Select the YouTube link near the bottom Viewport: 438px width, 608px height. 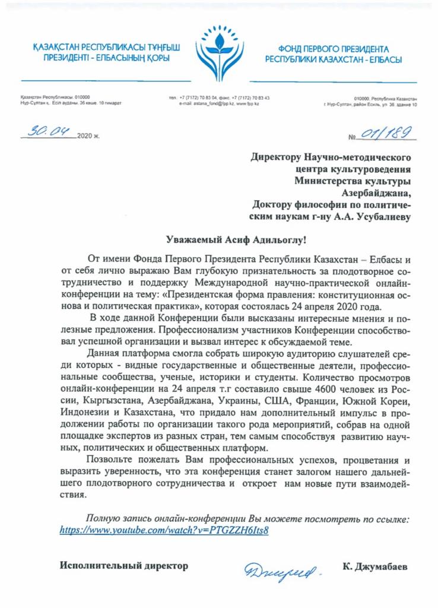(x=164, y=530)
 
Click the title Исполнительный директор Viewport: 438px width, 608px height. (x=124, y=566)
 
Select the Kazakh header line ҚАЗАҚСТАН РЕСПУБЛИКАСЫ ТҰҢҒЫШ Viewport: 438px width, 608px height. (x=107, y=47)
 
